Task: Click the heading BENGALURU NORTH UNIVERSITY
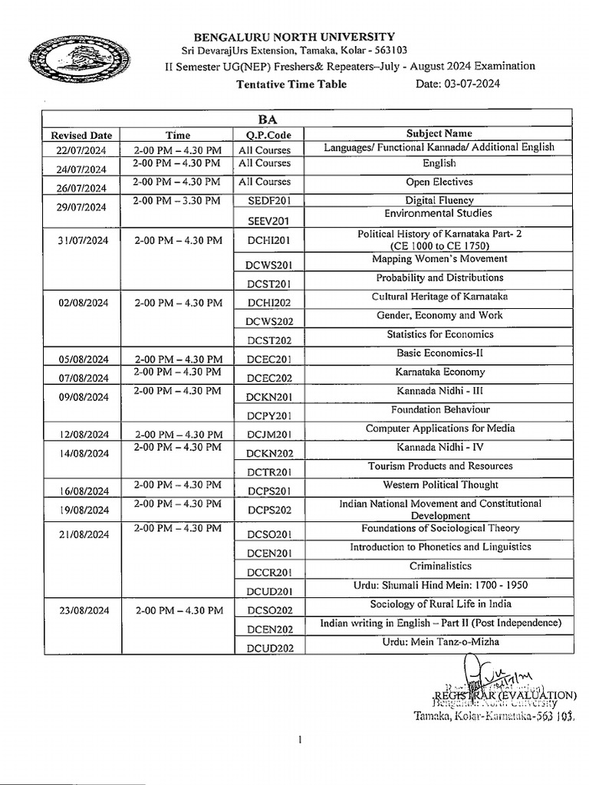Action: point(294,36)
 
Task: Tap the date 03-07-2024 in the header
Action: point(458,84)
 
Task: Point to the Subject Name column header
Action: point(439,133)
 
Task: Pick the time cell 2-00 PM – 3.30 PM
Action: point(177,201)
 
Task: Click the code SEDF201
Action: point(265,202)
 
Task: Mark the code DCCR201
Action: point(265,573)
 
